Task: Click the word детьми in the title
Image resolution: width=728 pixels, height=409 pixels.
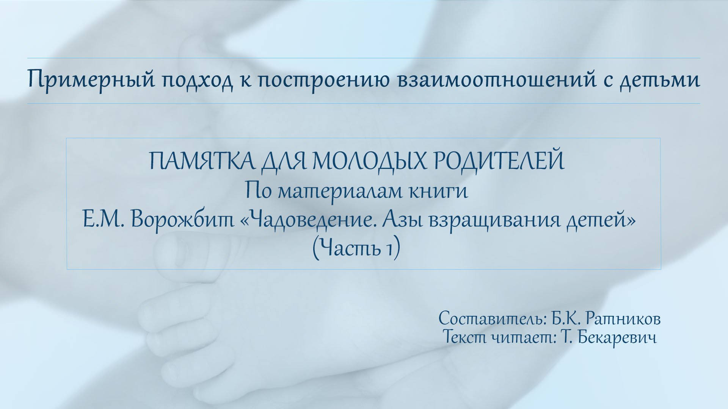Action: tap(660, 81)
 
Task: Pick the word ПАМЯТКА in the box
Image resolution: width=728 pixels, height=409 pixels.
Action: tap(202, 161)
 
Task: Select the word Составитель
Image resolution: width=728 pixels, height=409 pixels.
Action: tap(491, 319)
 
